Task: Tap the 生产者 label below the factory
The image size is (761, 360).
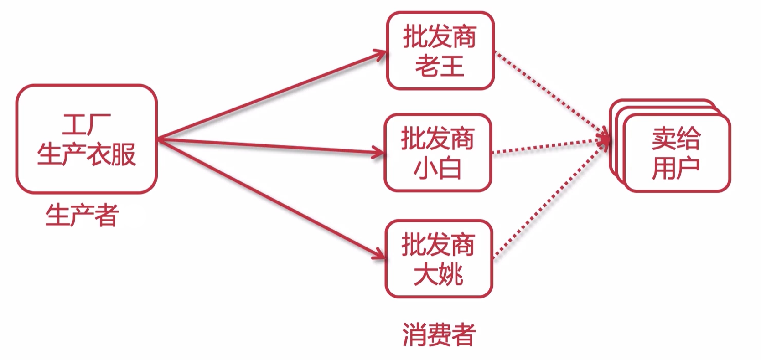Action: (x=82, y=215)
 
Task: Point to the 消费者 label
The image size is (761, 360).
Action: (x=439, y=335)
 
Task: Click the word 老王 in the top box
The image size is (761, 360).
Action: (x=440, y=65)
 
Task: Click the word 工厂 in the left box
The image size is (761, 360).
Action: (x=86, y=123)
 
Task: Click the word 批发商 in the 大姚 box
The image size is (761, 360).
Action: (x=438, y=244)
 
